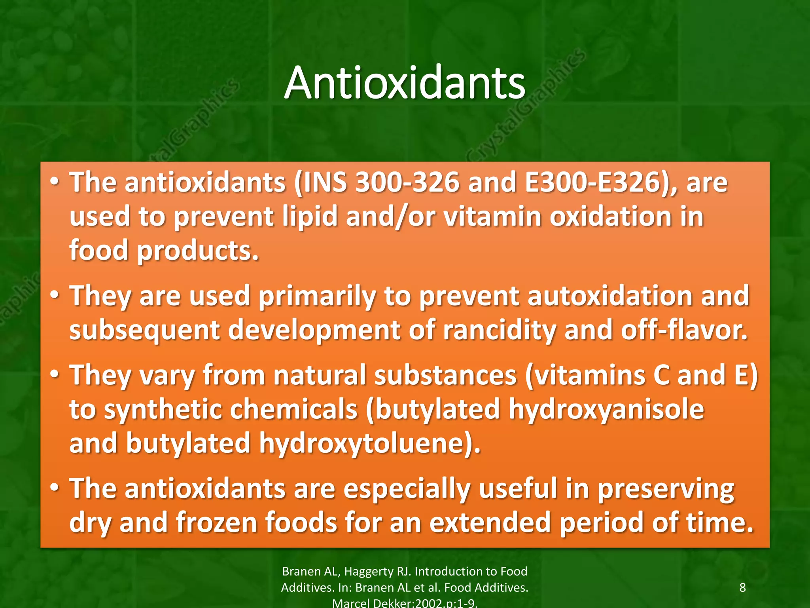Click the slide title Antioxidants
click(405, 83)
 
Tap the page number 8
click(742, 587)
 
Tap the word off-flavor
click(684, 330)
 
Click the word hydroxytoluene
click(369, 443)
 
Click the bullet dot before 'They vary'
click(55, 374)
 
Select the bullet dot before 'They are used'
click(55, 294)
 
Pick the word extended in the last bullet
click(490, 522)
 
